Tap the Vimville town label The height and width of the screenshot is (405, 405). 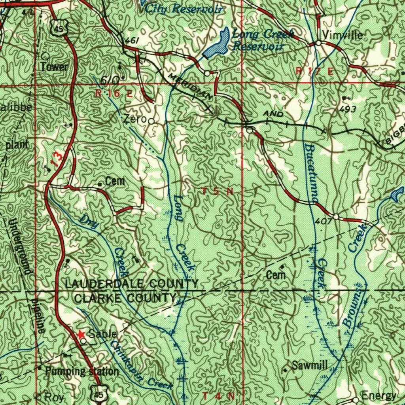coord(343,35)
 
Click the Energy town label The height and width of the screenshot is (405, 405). coord(379,396)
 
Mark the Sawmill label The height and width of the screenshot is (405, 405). coord(310,365)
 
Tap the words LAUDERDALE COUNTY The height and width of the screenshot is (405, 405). coord(131,284)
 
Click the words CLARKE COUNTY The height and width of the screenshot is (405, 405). coord(125,298)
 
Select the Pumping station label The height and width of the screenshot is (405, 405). coord(82,371)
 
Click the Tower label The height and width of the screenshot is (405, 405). coord(55,67)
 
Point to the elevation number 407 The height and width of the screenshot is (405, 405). coord(324,222)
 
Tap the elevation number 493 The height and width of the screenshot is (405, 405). coord(348,109)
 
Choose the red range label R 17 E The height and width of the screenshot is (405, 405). coord(315,71)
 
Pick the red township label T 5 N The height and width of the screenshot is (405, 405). coord(218,191)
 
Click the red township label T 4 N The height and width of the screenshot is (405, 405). coord(219,396)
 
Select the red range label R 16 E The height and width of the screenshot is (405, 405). coord(114,94)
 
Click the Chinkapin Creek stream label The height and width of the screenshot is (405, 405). coord(140,366)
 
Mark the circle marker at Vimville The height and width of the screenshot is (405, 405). coord(319,43)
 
